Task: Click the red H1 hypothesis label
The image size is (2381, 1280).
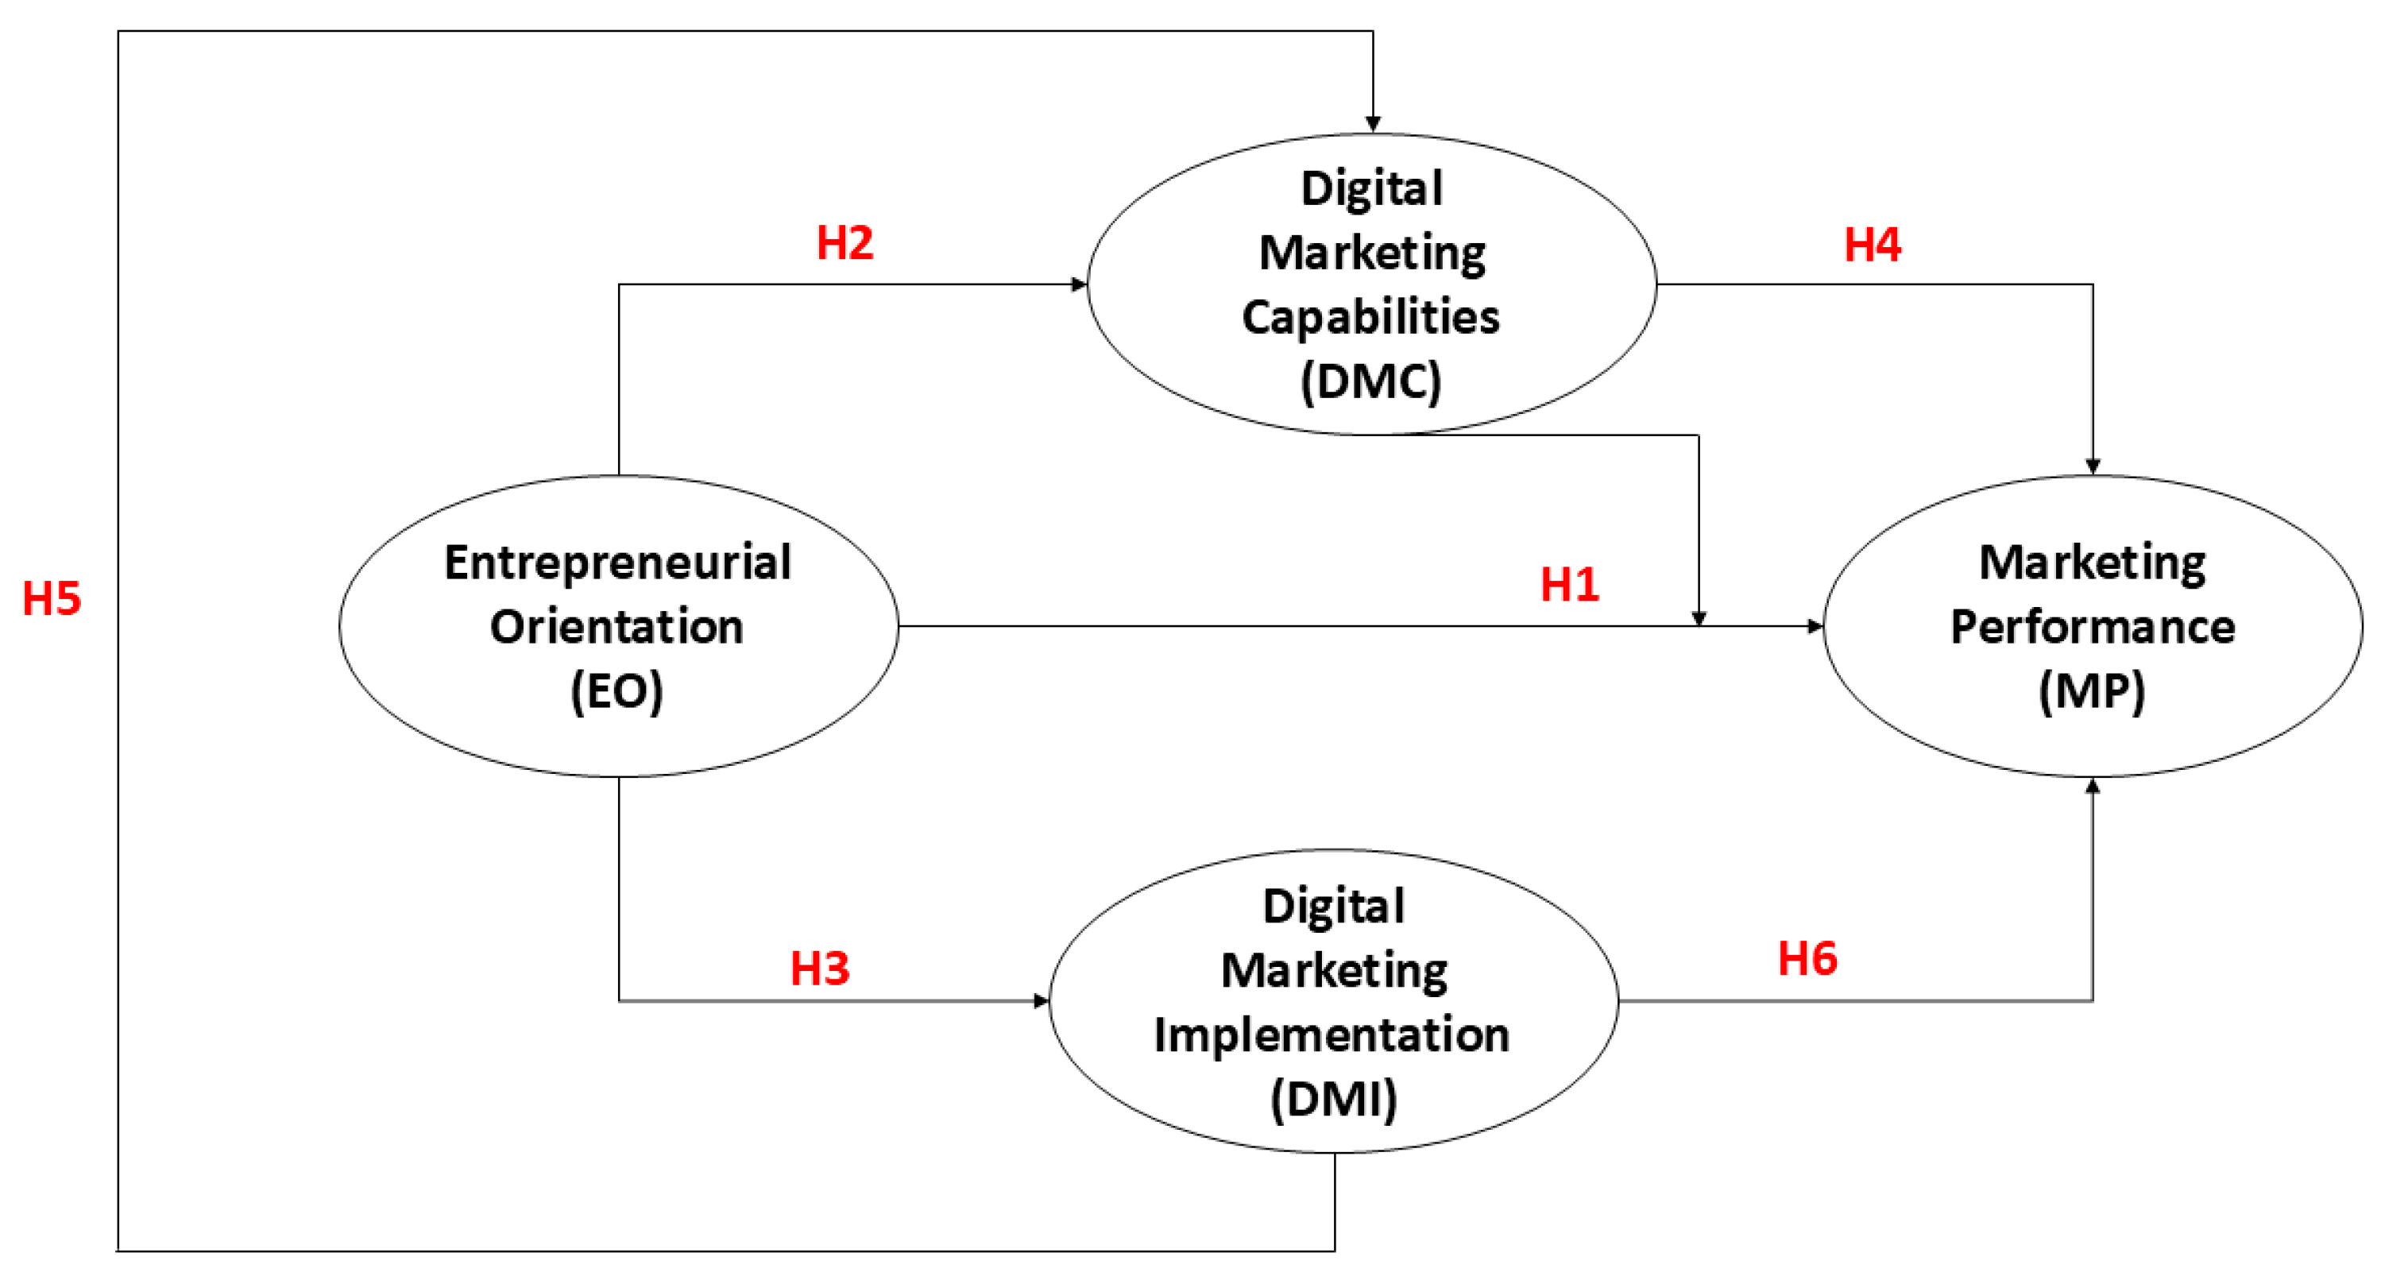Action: [1570, 585]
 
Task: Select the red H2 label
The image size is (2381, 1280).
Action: [845, 243]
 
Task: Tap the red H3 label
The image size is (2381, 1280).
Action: [819, 969]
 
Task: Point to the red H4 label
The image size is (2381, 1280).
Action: [1873, 245]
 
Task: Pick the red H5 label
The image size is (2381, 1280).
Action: [52, 599]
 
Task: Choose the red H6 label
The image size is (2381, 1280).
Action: [1807, 958]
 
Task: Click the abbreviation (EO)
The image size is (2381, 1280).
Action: [617, 691]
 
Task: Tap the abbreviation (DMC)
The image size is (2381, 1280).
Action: [1370, 381]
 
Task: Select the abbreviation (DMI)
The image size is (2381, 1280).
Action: [1334, 1099]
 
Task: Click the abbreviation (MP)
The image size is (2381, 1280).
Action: [2092, 691]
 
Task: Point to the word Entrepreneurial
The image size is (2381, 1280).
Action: [617, 563]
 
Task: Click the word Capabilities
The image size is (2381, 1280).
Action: [1370, 317]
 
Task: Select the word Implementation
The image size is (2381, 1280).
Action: [1332, 1035]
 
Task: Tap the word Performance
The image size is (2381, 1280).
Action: [2093, 628]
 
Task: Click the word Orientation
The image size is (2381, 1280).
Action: [617, 628]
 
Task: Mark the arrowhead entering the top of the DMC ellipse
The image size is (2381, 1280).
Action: [1373, 125]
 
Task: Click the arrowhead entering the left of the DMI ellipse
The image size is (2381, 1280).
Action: [1042, 1001]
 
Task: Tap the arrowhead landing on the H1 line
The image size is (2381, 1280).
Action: [1699, 618]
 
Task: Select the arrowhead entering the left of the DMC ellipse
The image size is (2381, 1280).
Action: [1079, 284]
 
